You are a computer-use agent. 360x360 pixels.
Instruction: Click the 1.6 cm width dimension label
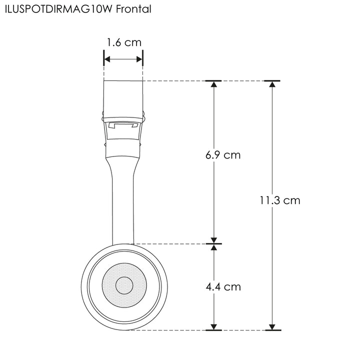123,42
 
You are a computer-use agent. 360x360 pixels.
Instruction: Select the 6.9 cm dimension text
222,155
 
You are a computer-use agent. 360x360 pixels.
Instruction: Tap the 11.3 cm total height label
280,200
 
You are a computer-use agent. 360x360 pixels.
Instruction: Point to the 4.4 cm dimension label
223,287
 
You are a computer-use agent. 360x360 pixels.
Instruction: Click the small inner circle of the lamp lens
124,286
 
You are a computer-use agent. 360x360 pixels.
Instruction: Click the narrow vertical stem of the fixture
123,205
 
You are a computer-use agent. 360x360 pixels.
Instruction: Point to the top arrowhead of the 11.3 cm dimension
272,84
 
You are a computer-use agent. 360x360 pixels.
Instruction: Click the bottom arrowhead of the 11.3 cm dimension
272,326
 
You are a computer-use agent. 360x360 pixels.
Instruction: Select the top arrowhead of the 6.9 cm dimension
214,84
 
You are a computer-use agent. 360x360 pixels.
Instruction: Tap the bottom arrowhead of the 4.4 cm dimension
214,326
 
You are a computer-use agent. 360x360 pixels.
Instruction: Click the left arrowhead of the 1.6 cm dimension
106,59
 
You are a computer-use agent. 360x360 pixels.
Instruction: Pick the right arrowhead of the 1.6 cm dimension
140,59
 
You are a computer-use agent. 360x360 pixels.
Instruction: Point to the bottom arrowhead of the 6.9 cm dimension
214,239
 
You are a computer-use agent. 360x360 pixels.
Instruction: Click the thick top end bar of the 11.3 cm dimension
272,80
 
